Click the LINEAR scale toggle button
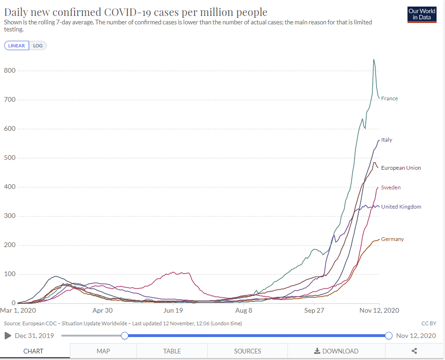pos(16,45)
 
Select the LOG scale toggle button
pos(38,45)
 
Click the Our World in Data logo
pos(422,15)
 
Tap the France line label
pos(389,98)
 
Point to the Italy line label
pos(386,140)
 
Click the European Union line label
pos(401,168)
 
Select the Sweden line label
pos(391,187)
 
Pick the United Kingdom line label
pos(401,207)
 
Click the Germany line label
pos(392,239)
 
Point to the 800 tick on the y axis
pos(10,71)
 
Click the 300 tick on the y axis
pos(10,216)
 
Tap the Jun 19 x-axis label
pos(173,310)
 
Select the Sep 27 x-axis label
pos(314,310)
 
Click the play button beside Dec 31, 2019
pos(8,336)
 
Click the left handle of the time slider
pos(124,336)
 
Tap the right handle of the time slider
pos(388,336)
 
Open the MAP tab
pos(103,351)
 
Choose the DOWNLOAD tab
pos(336,351)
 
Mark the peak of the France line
pos(374,60)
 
